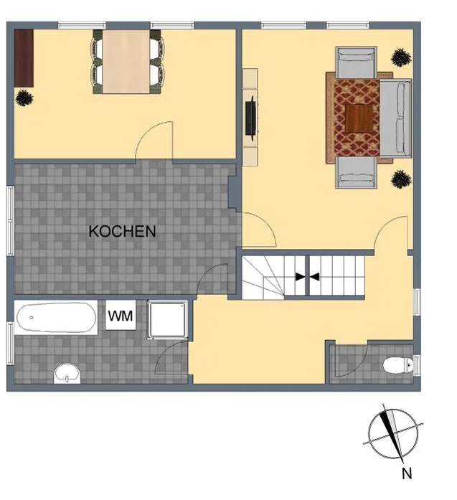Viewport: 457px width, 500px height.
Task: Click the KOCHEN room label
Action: pos(122,231)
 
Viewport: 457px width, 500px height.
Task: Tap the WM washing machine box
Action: pos(121,316)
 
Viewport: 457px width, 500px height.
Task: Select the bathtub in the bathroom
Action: pos(56,317)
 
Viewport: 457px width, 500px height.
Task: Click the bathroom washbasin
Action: pos(67,373)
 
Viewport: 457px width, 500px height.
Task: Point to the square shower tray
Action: pos(167,319)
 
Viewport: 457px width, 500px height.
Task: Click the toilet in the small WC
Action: pos(398,365)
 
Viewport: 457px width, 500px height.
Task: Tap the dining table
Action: pos(126,61)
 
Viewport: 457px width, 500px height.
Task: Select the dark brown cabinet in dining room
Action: pos(24,58)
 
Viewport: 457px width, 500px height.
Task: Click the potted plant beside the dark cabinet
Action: pos(24,98)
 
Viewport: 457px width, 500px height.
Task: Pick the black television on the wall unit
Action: pos(250,118)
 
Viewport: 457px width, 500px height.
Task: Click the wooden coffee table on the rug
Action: pos(359,118)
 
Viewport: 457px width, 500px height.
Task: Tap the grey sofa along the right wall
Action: pos(395,118)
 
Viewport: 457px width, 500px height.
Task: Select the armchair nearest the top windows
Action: pos(356,62)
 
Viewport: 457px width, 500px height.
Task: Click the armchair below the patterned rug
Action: pos(356,172)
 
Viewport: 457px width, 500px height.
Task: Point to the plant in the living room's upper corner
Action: pos(401,57)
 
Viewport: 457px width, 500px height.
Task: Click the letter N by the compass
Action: pos(407,473)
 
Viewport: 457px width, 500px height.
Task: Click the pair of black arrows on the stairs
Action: pos(308,277)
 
